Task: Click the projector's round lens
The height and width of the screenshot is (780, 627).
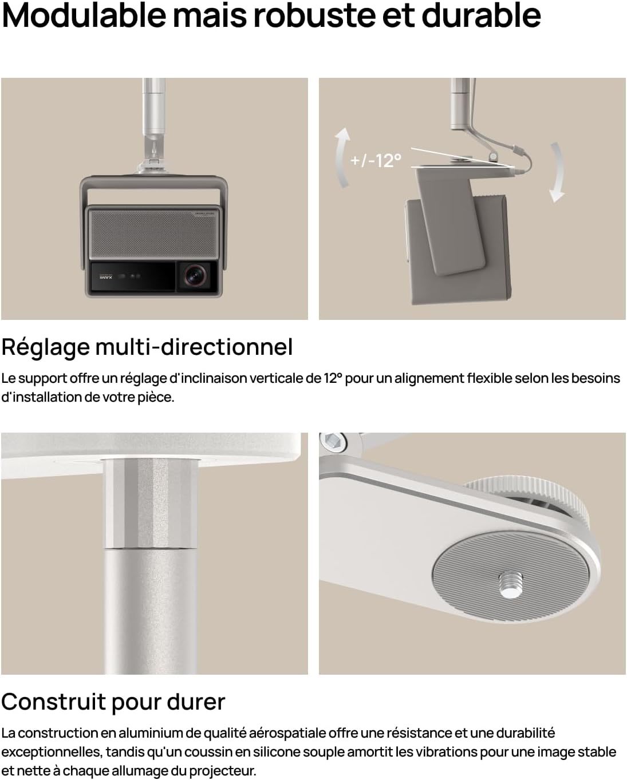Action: point(196,276)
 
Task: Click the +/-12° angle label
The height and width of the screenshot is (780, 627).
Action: point(376,160)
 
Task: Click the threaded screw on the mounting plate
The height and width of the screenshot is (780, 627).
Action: point(509,583)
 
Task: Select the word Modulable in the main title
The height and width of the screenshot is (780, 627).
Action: point(84,15)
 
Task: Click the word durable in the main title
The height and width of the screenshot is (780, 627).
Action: point(481,15)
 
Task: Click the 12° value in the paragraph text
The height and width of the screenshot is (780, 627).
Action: point(333,378)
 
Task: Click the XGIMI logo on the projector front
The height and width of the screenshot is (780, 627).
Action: point(106,276)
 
